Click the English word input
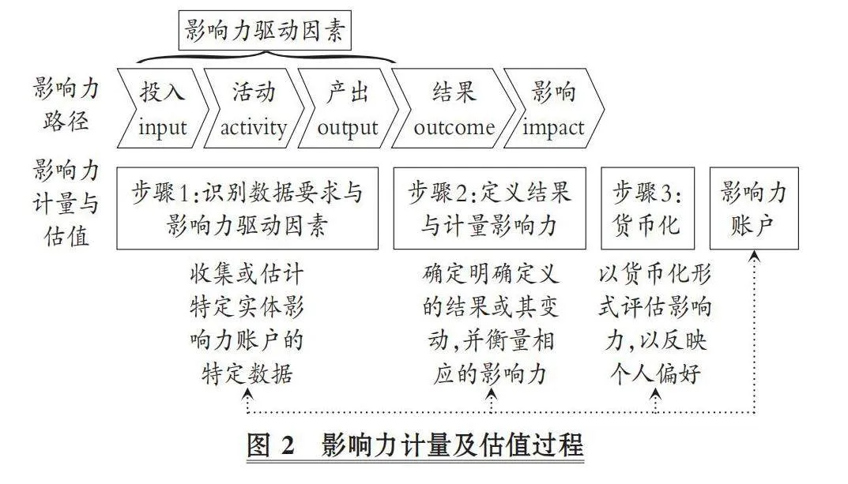point(162,129)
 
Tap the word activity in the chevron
point(253,129)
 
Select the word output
point(347,129)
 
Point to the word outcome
point(454,128)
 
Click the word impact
point(552,129)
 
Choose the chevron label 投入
point(162,92)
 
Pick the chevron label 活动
point(254,92)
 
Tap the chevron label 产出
point(347,92)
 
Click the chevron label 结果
point(454,92)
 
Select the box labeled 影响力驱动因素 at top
point(265,30)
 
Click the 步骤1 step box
point(247,208)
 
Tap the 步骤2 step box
point(489,208)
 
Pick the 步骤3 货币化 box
point(647,208)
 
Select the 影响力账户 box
point(754,208)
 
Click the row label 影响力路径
point(66,104)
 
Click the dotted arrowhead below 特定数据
point(247,395)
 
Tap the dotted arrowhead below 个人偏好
point(655,395)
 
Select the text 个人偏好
point(655,373)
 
